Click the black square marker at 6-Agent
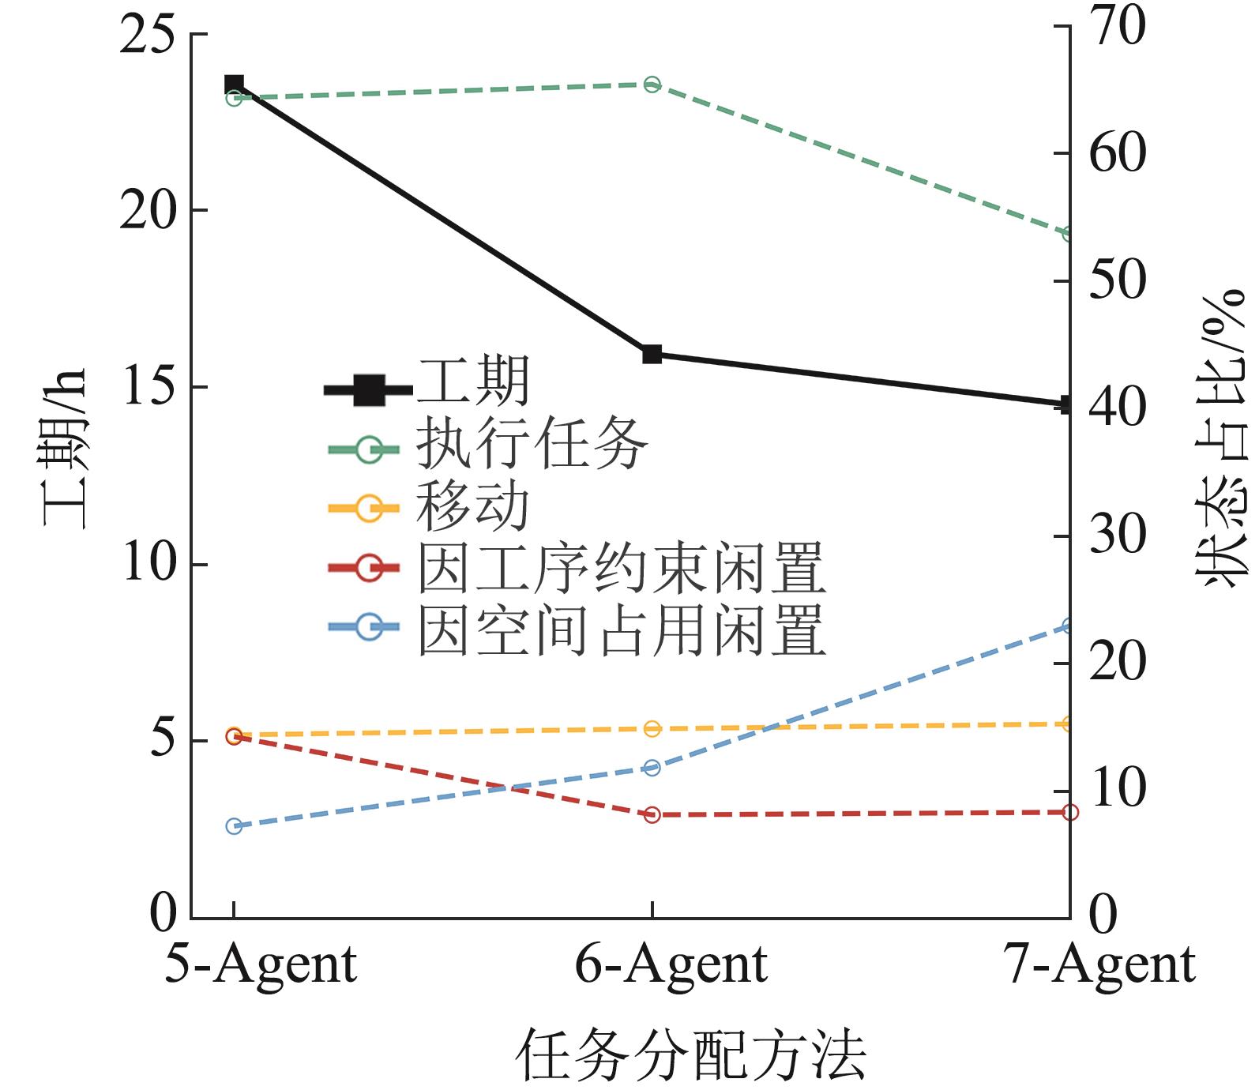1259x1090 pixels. coord(652,354)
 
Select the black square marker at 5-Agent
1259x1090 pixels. coord(234,84)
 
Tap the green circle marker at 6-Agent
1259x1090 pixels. coord(652,85)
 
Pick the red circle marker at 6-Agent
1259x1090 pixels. coord(652,814)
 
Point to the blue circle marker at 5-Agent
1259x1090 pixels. coord(234,826)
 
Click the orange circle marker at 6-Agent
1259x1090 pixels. coord(652,728)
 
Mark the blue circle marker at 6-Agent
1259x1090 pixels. coord(652,768)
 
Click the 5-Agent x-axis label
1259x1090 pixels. coord(261,964)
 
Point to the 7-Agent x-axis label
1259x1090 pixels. coord(1102,964)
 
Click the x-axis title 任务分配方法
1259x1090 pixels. coord(692,1055)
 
